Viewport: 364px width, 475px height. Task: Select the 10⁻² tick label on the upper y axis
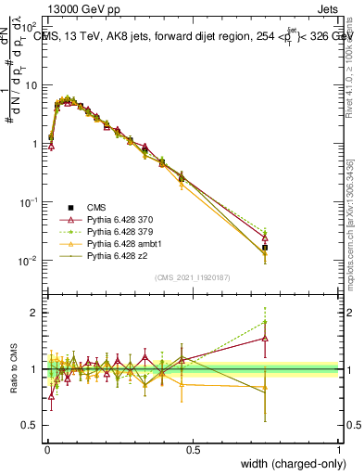coord(31,261)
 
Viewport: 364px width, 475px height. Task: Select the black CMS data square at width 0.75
coord(265,248)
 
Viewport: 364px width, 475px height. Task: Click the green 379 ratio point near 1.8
coord(265,322)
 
